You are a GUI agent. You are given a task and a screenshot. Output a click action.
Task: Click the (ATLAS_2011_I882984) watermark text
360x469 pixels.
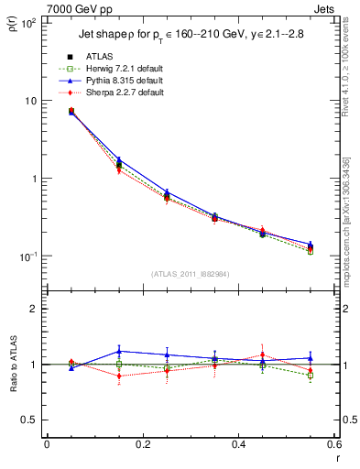[x=191, y=274]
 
